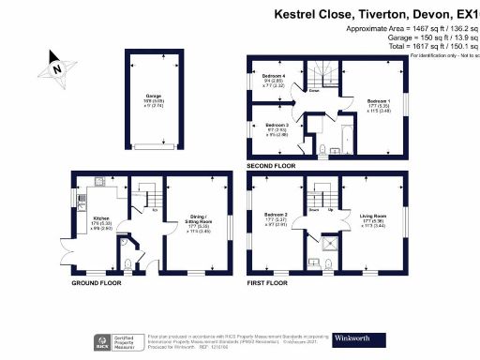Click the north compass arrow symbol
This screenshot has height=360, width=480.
(x=54, y=68)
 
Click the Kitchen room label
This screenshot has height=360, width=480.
(x=103, y=221)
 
